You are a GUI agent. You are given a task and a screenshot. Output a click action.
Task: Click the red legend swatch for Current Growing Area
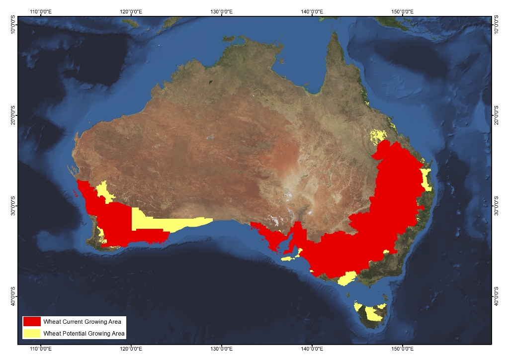click(x=32, y=322)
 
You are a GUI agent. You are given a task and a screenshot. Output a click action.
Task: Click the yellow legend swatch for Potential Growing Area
click(x=32, y=333)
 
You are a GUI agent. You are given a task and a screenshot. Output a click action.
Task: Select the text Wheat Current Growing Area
click(x=82, y=322)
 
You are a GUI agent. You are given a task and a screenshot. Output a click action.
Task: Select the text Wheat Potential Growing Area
click(x=84, y=334)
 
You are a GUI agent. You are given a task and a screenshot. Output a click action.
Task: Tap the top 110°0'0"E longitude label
click(x=41, y=10)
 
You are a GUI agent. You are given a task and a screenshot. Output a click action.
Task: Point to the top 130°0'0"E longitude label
click(x=222, y=10)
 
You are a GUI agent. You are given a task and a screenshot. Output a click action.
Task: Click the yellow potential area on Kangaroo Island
click(x=289, y=259)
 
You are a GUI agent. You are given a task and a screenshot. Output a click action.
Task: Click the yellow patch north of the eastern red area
click(x=379, y=135)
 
